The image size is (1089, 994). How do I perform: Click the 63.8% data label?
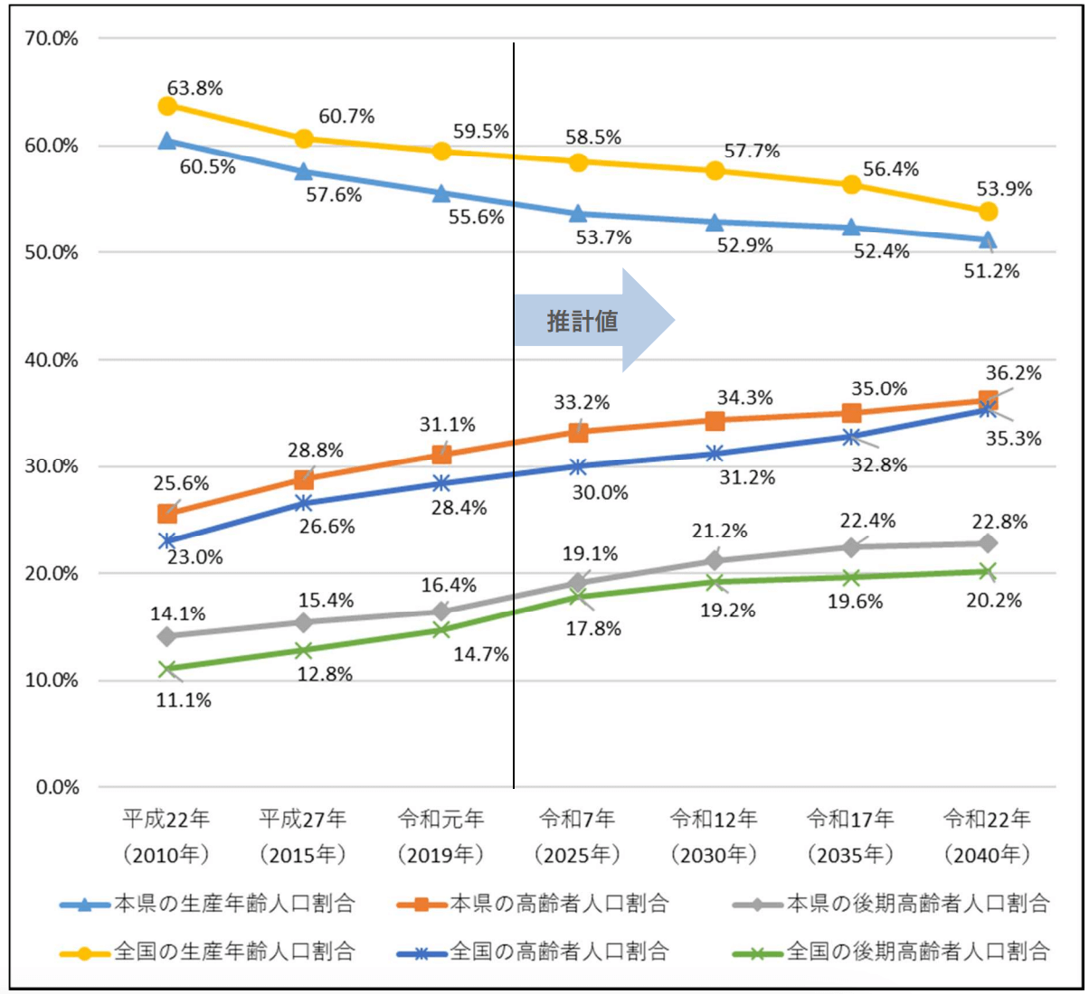194,89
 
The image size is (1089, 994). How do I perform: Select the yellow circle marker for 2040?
988,211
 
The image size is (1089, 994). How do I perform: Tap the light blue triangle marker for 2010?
167,141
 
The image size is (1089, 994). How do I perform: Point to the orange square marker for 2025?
579,432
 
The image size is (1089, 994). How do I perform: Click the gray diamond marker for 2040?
988,543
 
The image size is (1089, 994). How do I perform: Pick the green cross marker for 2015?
304,651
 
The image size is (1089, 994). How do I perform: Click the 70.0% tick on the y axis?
57,39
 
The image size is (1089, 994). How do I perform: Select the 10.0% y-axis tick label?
57,680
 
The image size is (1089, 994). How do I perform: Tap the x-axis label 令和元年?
440,819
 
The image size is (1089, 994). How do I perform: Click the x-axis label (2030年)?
714,854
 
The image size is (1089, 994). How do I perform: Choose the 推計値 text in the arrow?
582,321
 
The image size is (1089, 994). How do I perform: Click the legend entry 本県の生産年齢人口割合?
234,903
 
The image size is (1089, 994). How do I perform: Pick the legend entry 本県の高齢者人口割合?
559,903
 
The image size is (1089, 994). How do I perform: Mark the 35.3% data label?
1014,439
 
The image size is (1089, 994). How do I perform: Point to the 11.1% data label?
184,700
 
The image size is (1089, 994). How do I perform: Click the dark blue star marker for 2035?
851,437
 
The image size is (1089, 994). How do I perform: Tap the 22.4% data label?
868,520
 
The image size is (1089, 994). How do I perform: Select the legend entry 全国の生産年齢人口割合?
234,951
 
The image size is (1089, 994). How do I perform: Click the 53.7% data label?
603,238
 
